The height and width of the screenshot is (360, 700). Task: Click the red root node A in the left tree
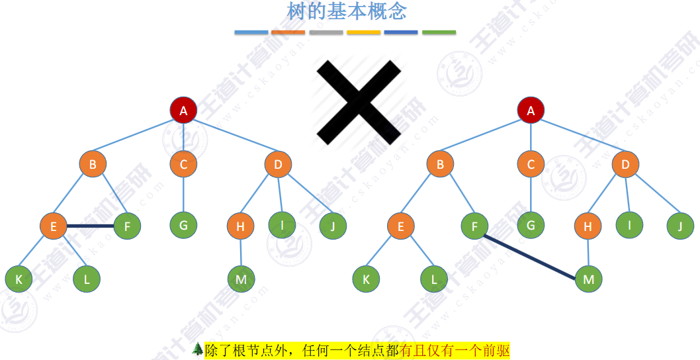(x=183, y=111)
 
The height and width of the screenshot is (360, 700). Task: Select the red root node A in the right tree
(x=531, y=111)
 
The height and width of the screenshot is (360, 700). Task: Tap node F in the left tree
(x=127, y=226)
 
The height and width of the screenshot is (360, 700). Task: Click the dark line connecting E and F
(x=90, y=226)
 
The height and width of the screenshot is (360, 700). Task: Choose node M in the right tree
(x=588, y=279)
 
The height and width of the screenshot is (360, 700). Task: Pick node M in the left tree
(x=241, y=279)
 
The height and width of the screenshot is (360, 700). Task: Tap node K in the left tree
(x=19, y=279)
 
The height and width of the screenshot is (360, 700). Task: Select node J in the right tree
(x=680, y=226)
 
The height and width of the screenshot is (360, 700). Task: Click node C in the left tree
(x=183, y=164)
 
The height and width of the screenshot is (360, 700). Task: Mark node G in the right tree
(x=531, y=224)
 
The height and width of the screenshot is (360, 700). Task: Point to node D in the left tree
(x=278, y=164)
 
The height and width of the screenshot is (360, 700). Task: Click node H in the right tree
(x=588, y=227)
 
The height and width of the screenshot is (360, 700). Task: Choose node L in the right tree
(x=434, y=279)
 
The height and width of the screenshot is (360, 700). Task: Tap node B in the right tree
(x=440, y=164)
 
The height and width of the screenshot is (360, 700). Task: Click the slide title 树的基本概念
(x=347, y=11)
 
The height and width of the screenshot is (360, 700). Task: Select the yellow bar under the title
(x=364, y=32)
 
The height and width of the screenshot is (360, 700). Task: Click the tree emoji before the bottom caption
(x=197, y=348)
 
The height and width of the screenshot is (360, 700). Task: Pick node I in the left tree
(x=283, y=224)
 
